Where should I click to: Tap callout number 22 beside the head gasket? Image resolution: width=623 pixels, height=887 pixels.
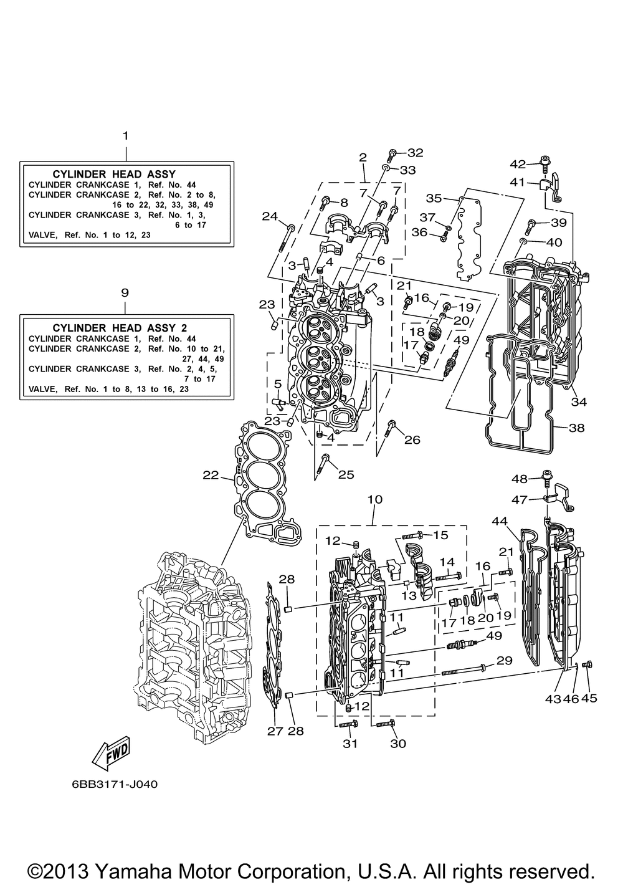211,476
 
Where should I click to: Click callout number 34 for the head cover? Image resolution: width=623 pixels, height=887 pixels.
579,402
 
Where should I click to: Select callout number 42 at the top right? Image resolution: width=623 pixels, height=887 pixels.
518,164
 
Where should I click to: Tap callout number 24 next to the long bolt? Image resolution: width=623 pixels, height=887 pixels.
269,216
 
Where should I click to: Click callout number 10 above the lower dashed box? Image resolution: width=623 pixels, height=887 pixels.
375,499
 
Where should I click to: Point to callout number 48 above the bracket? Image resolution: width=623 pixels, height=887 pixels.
520,479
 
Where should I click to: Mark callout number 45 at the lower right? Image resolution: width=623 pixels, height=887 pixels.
589,698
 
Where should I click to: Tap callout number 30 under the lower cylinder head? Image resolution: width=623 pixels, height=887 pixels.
397,743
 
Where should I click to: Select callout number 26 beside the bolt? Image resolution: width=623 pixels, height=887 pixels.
412,440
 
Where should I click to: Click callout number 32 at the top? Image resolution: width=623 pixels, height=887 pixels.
415,152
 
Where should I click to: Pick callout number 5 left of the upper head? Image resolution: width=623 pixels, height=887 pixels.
278,383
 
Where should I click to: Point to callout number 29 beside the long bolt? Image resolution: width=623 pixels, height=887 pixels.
503,659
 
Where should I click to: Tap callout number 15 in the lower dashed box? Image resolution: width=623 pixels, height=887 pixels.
440,535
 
